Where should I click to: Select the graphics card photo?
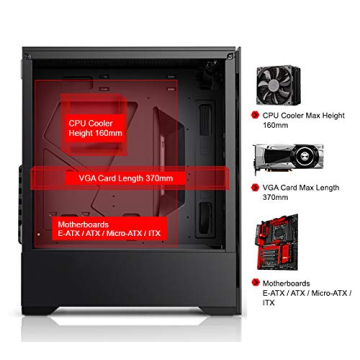tap(288, 157)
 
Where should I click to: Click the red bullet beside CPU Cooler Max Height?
tap(255, 116)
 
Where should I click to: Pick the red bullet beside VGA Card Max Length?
tap(255, 187)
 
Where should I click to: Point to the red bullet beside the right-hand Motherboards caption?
tap(255, 283)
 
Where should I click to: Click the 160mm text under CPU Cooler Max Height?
tap(274, 126)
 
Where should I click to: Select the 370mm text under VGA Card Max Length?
tap(274, 197)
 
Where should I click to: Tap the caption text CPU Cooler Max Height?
tap(303, 116)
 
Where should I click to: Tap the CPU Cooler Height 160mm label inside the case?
tap(95, 127)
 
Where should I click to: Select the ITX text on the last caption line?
tap(266, 301)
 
